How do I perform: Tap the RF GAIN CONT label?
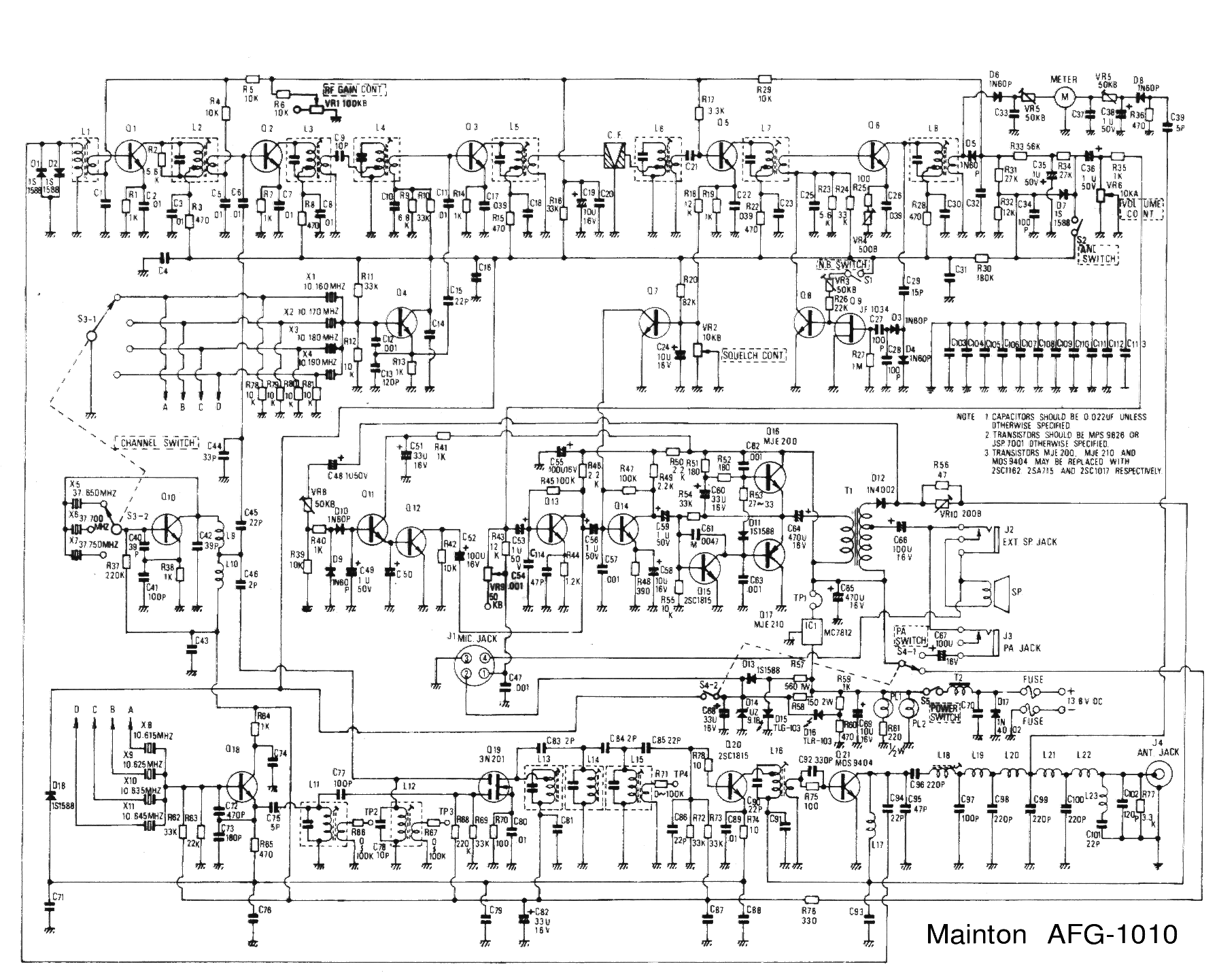point(354,90)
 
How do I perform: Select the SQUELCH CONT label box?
point(753,355)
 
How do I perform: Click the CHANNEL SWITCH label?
point(156,443)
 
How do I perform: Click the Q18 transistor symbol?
point(243,787)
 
